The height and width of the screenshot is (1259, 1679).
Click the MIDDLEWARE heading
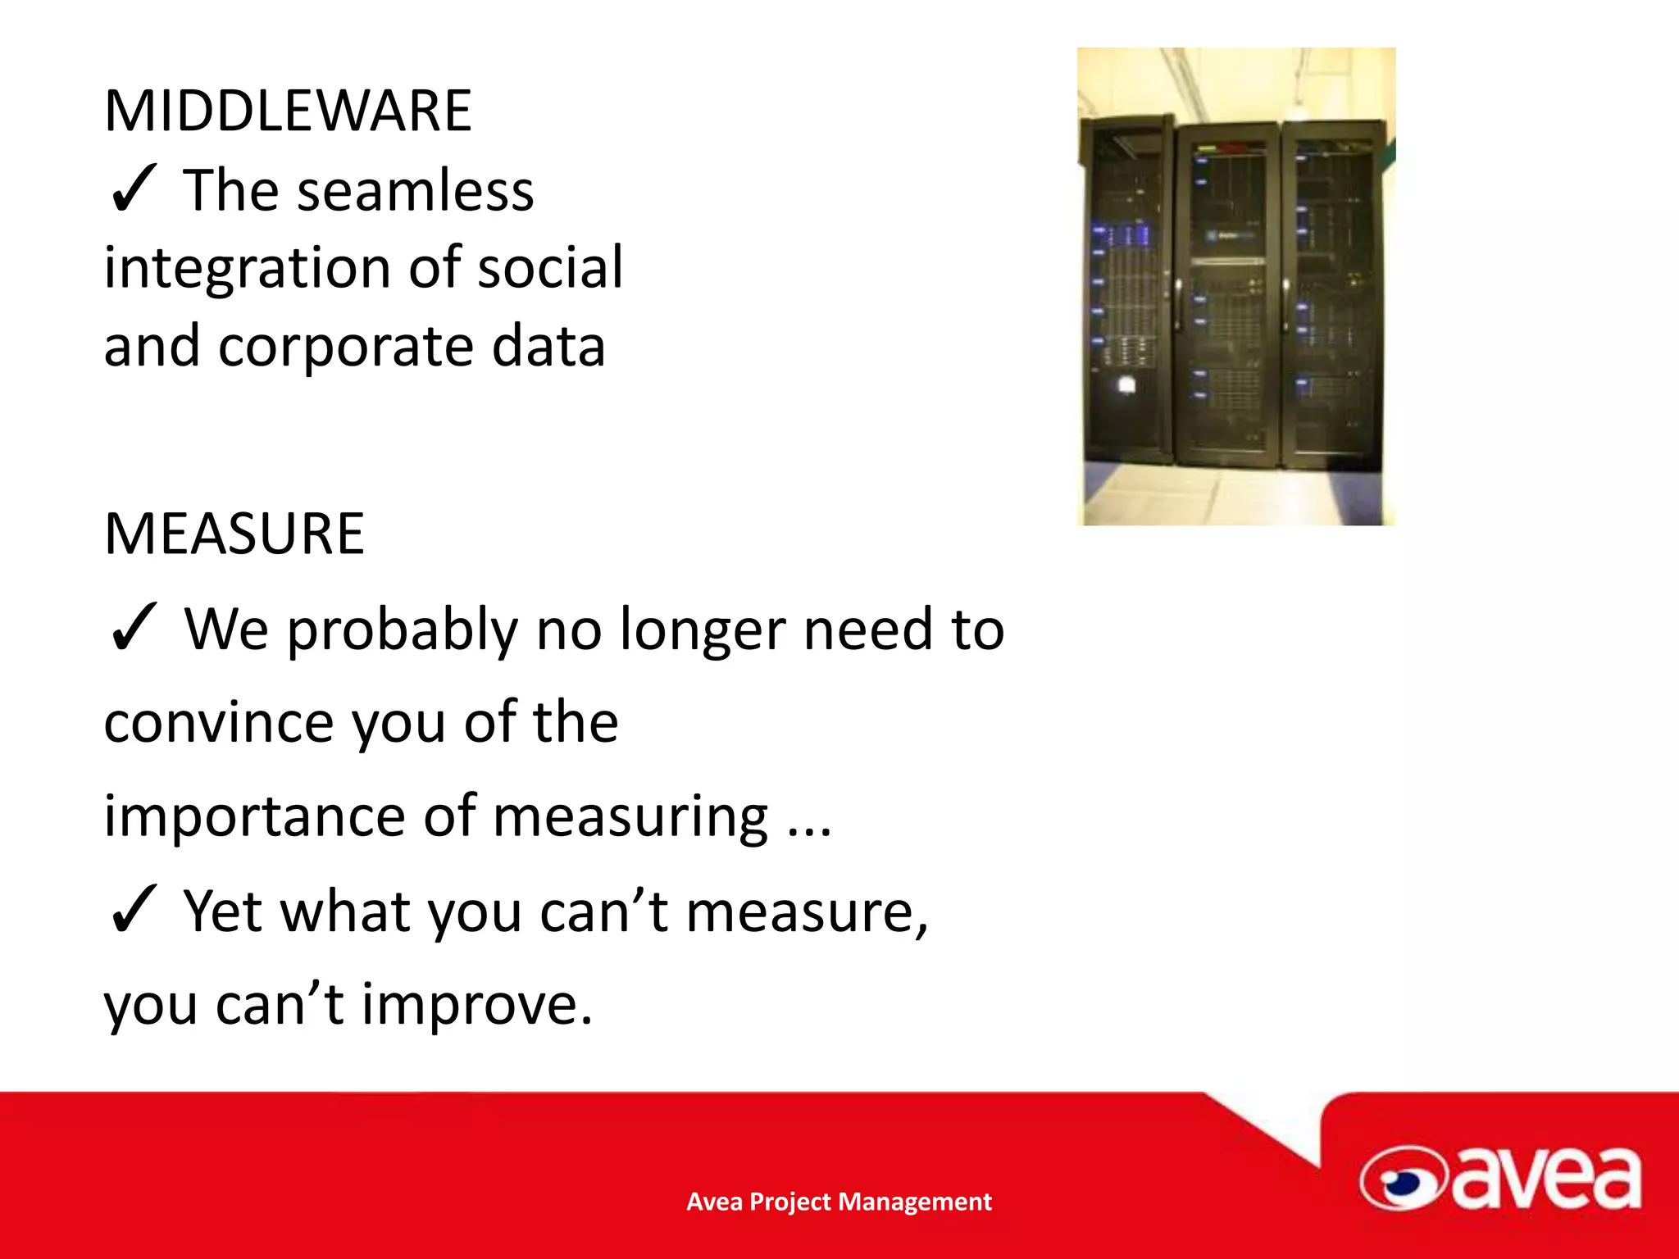coord(288,111)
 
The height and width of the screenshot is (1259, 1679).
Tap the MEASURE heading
coord(234,534)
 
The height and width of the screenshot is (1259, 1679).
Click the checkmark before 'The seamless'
coord(132,189)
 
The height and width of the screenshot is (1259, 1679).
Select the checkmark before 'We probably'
coord(132,628)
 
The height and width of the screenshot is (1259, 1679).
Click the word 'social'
coord(550,268)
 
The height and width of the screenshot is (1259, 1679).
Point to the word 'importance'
coord(254,817)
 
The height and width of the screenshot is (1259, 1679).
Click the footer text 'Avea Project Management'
coord(839,1202)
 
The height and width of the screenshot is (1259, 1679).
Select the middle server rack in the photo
coord(1227,295)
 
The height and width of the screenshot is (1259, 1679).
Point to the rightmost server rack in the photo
coord(1331,295)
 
